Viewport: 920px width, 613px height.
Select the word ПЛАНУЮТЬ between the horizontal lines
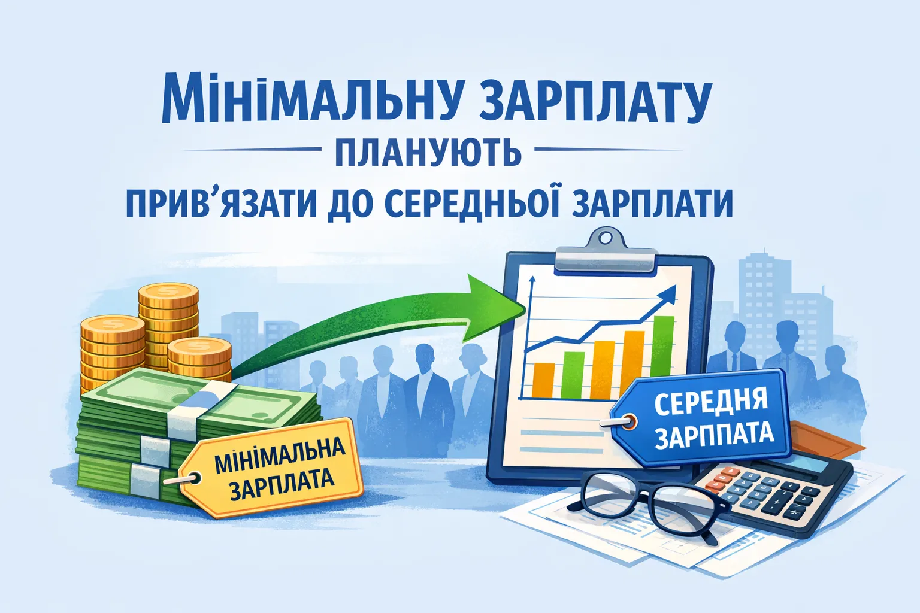point(428,151)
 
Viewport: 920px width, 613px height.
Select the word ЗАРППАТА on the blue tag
point(714,435)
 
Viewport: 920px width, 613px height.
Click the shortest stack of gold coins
point(199,359)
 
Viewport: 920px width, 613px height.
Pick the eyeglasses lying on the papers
point(647,500)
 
